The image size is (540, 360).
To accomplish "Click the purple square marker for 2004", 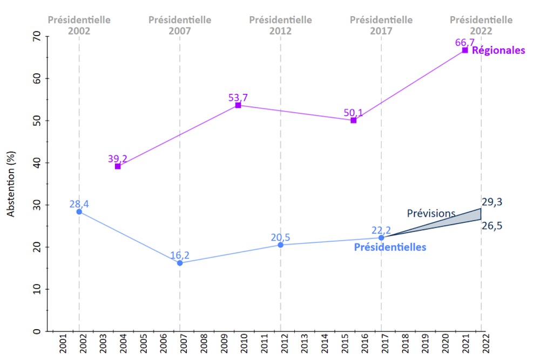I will (118, 166).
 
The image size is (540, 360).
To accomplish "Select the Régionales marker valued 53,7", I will (238, 105).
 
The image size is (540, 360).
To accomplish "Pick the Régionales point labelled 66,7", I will (464, 50).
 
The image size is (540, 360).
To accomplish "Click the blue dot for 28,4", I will (79, 212).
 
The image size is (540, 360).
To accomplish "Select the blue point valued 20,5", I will (280, 245).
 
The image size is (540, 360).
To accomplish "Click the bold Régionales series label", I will (498, 51).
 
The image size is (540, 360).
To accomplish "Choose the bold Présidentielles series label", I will (390, 247).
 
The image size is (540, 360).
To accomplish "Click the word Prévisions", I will (431, 213).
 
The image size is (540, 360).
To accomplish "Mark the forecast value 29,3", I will (492, 202).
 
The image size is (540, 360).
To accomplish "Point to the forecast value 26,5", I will (492, 226).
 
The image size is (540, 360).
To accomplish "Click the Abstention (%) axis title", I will (11, 185).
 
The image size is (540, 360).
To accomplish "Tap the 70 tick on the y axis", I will (36, 37).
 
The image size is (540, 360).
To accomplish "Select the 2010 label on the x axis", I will (243, 343).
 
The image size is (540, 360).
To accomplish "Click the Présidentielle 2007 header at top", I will (180, 25).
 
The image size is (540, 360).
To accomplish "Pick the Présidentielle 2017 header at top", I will (381, 25).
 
